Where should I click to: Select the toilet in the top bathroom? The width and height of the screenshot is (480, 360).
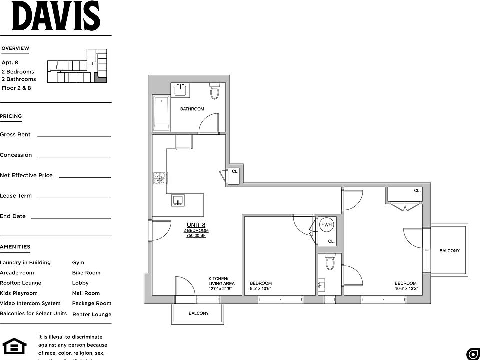click(215, 91)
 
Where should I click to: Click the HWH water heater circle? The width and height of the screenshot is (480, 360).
click(326, 226)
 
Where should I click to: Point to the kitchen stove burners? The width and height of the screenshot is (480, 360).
click(159, 178)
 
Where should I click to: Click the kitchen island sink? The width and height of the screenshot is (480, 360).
click(178, 201)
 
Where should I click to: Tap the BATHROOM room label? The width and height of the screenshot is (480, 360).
click(192, 109)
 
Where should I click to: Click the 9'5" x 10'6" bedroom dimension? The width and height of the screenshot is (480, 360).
click(260, 289)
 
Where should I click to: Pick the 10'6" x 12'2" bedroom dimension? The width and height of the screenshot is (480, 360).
click(405, 289)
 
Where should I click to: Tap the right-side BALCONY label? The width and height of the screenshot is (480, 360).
click(449, 251)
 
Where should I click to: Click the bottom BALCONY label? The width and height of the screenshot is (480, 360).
click(198, 313)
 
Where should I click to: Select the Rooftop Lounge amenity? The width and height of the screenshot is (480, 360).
click(20, 283)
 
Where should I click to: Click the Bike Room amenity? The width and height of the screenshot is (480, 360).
click(86, 273)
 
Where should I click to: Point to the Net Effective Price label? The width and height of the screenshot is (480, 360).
click(26, 175)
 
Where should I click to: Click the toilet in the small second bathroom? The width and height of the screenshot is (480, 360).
click(330, 263)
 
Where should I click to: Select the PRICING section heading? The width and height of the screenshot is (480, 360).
click(11, 116)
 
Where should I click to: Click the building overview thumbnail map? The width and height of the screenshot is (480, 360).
click(77, 66)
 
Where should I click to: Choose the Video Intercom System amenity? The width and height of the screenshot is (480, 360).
click(30, 303)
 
